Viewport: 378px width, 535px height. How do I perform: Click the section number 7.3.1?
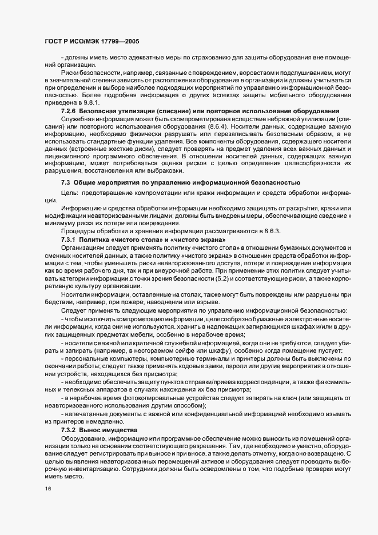[x=71, y=238]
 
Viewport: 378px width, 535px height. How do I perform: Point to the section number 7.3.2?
[x=71, y=429]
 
